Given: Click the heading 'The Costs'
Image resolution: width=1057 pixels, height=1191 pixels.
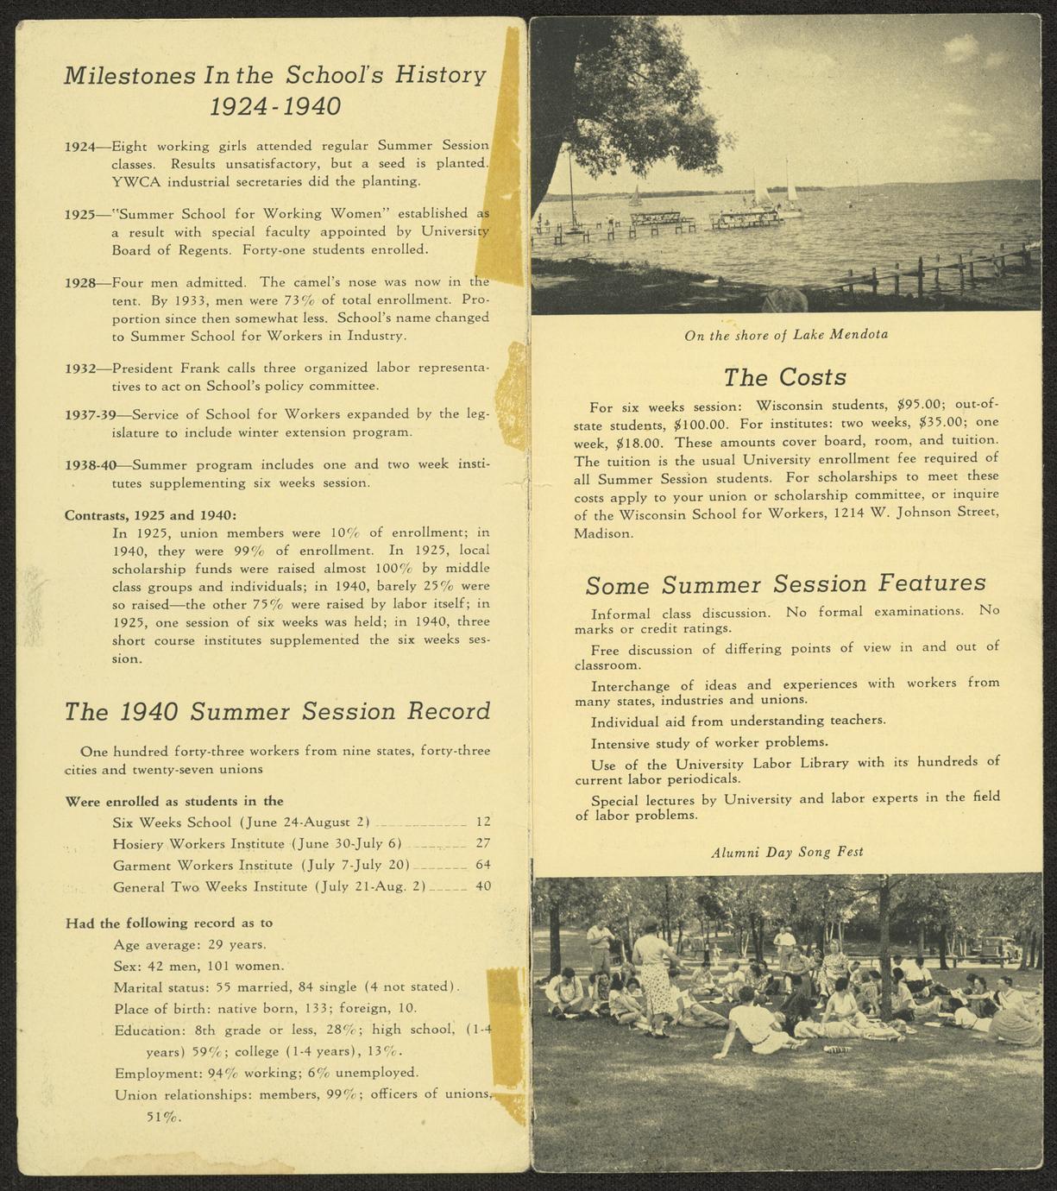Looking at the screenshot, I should pos(784,377).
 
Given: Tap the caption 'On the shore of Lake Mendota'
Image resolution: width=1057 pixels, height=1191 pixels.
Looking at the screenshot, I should pos(786,334).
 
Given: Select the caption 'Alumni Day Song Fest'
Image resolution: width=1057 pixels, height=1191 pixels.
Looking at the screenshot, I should pos(786,852).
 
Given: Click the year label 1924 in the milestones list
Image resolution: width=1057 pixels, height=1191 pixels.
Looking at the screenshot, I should pos(80,146).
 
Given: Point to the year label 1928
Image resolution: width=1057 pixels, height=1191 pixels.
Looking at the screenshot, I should pos(80,282).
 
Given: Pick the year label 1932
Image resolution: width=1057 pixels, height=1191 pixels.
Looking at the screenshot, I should pos(80,369).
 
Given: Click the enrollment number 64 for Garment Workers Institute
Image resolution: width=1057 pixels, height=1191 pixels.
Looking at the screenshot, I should pos(482,865).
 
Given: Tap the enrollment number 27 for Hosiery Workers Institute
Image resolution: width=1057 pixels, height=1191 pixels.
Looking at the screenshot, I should pos(482,843).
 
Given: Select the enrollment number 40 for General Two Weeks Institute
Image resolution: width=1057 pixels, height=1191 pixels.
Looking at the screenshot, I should pos(482,886).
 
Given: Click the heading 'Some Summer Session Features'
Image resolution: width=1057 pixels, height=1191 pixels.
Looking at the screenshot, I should pos(785,584).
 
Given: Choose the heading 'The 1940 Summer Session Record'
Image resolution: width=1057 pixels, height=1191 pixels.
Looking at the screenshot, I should pos(277,712).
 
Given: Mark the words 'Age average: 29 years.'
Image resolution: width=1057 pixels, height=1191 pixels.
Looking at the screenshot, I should pos(190,944).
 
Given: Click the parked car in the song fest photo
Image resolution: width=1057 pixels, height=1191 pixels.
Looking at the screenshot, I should pos(995,947).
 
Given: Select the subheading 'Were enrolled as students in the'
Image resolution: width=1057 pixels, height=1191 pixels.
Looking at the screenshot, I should pos(174,801).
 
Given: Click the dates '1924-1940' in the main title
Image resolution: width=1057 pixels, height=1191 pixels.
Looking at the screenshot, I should pos(275,107).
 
